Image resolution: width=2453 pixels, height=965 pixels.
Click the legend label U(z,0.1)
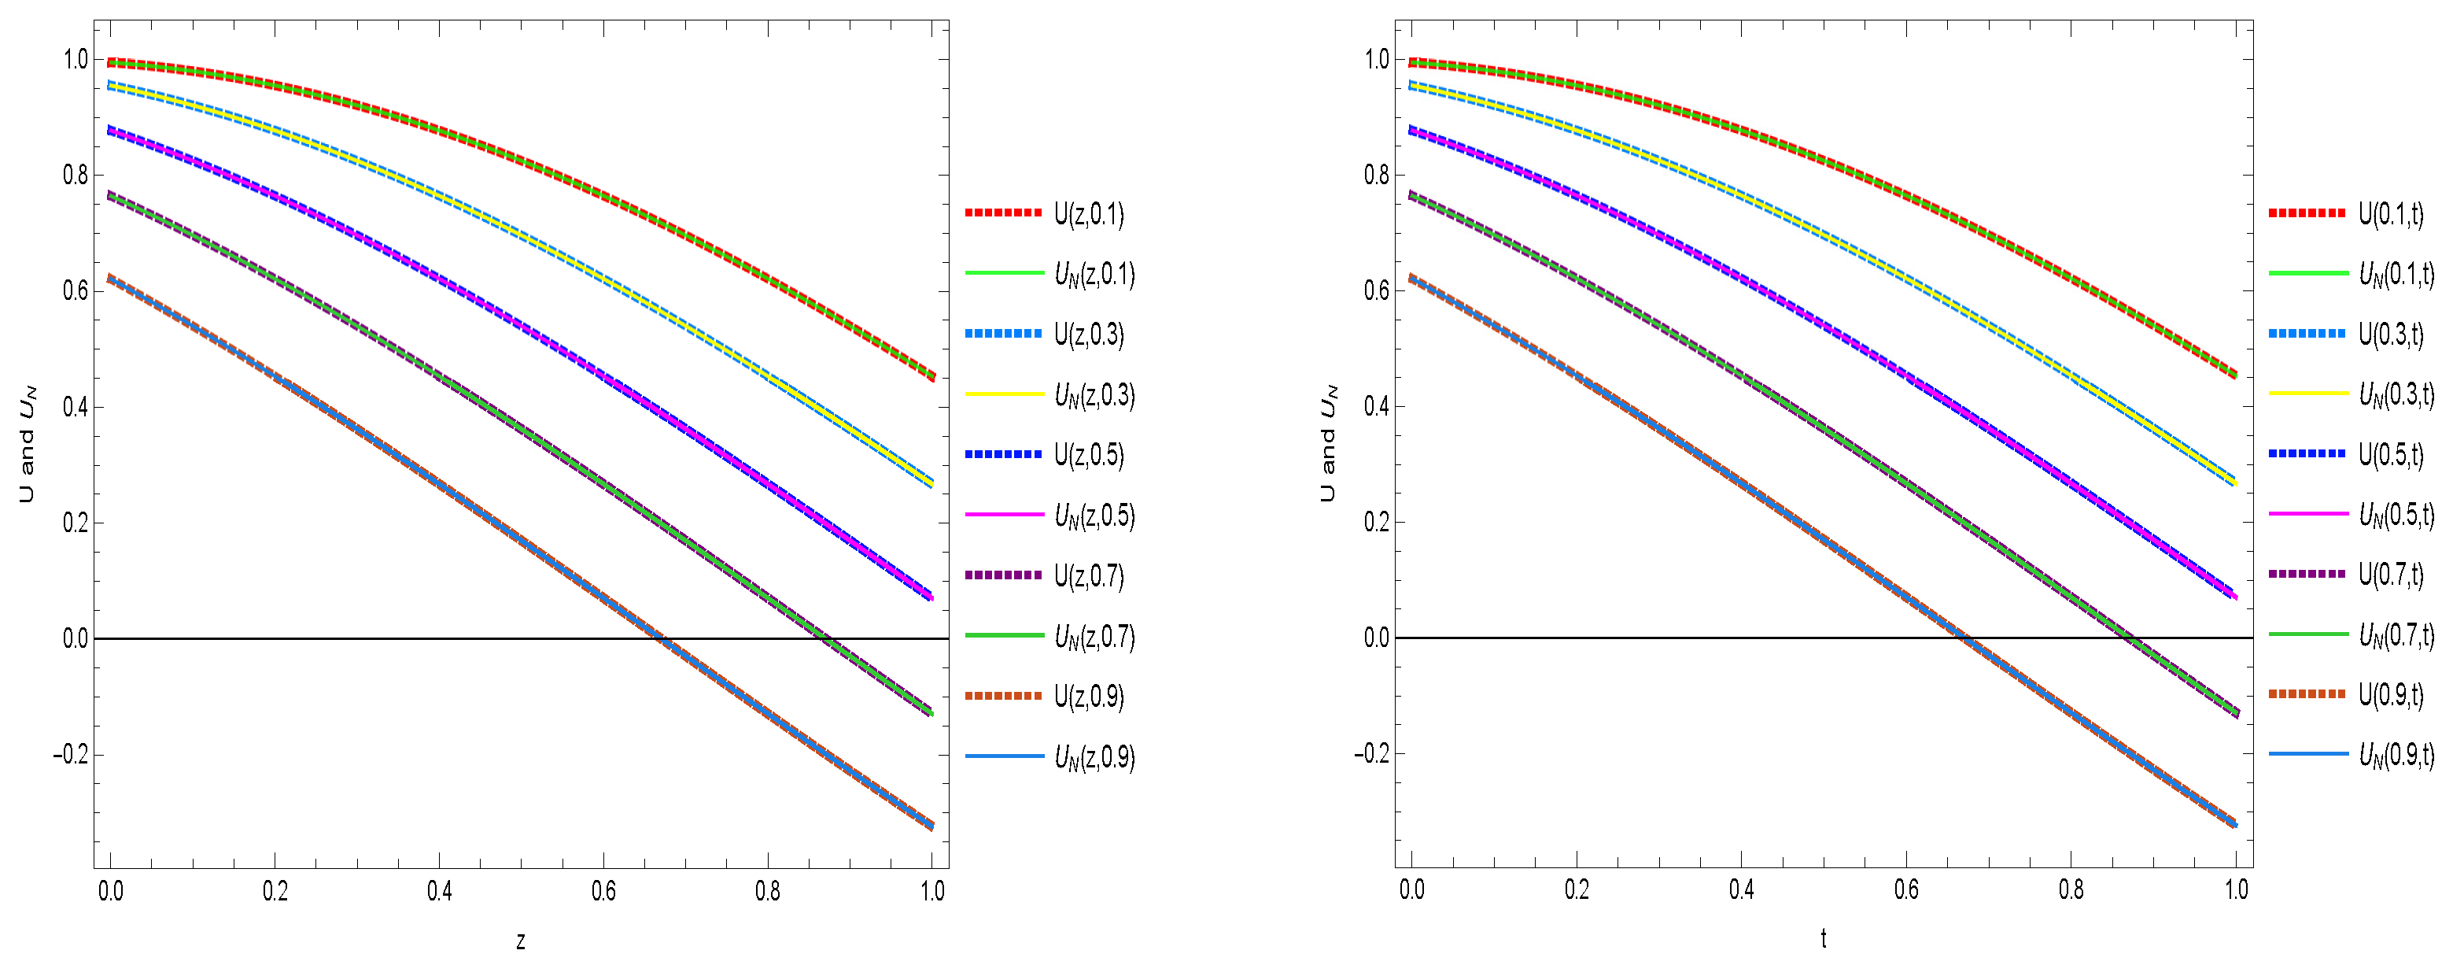coord(1088,213)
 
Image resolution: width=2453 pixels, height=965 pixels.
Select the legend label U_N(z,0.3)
coord(1094,394)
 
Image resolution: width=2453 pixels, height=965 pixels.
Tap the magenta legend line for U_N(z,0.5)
coord(1004,515)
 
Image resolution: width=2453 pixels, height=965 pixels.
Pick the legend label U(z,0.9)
coord(1088,697)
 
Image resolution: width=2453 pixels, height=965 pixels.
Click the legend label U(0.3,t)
coord(2390,334)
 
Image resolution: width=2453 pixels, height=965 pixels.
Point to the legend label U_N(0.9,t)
coord(2396,755)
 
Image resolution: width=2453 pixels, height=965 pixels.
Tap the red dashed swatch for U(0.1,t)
coord(2307,213)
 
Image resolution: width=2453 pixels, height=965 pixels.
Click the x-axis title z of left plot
coord(520,941)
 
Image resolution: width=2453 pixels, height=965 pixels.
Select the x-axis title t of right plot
coord(1823,939)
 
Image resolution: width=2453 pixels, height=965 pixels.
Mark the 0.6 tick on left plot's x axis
coord(603,891)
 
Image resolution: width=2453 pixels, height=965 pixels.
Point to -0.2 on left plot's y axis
coord(71,755)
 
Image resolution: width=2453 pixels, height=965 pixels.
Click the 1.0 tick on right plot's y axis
coord(1376,59)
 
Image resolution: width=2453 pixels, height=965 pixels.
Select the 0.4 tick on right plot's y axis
coord(1376,407)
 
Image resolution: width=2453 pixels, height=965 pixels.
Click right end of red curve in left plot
coord(932,377)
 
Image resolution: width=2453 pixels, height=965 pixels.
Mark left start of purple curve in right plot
coord(1411,195)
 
